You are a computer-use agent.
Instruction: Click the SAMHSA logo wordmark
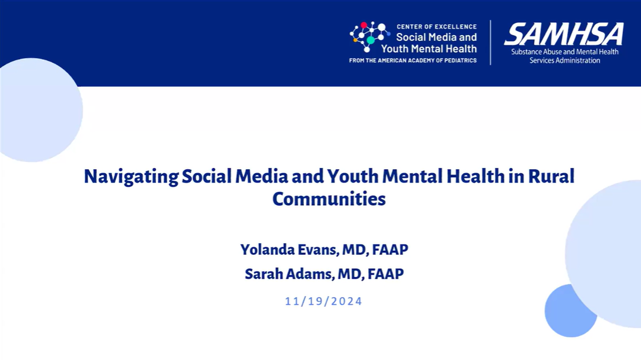point(564,34)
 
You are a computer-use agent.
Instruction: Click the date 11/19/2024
point(323,301)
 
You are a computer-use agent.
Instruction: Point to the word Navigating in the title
point(131,177)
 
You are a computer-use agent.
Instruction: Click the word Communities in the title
point(329,199)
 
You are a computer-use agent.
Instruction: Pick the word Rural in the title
point(551,176)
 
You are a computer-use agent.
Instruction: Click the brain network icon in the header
point(370,36)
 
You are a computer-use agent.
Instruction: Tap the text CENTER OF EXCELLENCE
point(437,26)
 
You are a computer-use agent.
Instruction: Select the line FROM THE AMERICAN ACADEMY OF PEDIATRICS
point(413,60)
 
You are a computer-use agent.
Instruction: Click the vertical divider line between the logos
point(491,42)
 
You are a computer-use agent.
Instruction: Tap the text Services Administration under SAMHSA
point(565,60)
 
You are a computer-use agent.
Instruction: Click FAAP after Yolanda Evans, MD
point(390,250)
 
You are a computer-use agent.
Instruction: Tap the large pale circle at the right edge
point(605,254)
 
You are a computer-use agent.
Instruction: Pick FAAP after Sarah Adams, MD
point(386,274)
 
